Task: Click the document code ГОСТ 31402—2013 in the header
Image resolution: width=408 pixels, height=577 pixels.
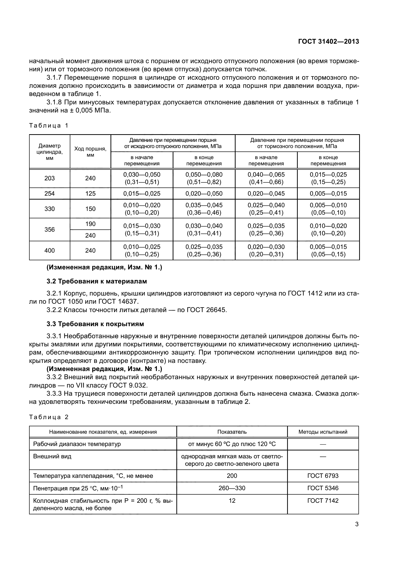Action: (328, 41)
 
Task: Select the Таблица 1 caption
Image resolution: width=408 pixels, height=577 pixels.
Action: (49, 126)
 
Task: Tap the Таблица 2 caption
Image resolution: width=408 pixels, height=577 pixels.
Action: (49, 417)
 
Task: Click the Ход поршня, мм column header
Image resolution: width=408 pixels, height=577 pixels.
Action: (90, 152)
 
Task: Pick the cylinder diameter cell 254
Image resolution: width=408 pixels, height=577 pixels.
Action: (50, 193)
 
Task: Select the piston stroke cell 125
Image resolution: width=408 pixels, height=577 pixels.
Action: (90, 193)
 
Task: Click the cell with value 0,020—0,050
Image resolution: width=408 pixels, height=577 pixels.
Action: (204, 193)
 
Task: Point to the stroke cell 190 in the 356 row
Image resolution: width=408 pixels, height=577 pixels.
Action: (90, 224)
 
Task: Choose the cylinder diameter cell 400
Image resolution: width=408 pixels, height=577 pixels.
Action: (50, 250)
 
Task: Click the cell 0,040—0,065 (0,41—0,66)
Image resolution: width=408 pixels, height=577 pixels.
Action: (266, 178)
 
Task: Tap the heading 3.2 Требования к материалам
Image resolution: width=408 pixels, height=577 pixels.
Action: (97, 281)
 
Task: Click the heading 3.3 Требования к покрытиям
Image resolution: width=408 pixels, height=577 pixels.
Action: (95, 324)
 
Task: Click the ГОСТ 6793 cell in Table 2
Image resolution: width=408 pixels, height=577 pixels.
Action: (323, 476)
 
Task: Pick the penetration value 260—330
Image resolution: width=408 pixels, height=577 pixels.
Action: (232, 488)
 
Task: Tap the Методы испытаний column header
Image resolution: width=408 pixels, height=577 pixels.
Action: (323, 432)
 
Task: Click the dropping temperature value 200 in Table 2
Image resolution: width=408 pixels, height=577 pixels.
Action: (232, 476)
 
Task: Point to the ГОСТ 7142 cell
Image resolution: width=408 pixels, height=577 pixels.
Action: (323, 501)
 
